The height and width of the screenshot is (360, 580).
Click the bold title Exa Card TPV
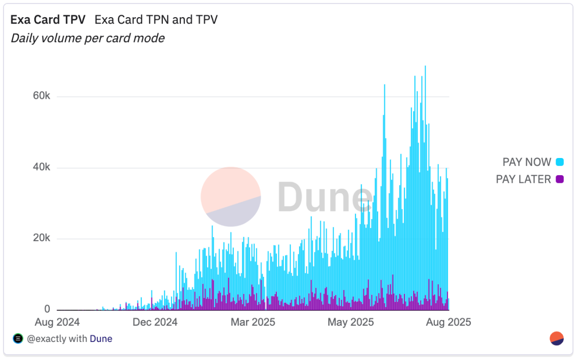pos(48,20)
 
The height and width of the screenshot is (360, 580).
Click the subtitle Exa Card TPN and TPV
pos(156,20)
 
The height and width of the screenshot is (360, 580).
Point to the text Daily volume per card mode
pos(88,38)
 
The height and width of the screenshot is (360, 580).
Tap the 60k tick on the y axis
pos(41,96)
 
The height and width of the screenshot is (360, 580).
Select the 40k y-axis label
pos(41,168)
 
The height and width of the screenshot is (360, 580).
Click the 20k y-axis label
pos(41,239)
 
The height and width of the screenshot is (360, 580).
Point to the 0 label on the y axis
pos(47,309)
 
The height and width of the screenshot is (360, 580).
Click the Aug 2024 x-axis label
pos(57,322)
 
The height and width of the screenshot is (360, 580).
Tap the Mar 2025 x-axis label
pos(253,322)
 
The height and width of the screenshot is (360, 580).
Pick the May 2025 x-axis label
pos(351,322)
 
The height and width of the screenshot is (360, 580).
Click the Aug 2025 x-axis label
pos(448,322)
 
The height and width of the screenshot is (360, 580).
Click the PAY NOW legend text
pos(527,162)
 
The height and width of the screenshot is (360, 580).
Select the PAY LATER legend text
pos(523,180)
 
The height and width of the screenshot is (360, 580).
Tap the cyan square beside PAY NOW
pos(559,162)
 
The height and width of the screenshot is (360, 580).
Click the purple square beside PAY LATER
pos(559,180)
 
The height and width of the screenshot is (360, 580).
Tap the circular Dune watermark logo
pos(231,197)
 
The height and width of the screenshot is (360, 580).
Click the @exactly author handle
pos(46,338)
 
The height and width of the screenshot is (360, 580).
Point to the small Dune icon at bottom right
pos(557,338)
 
